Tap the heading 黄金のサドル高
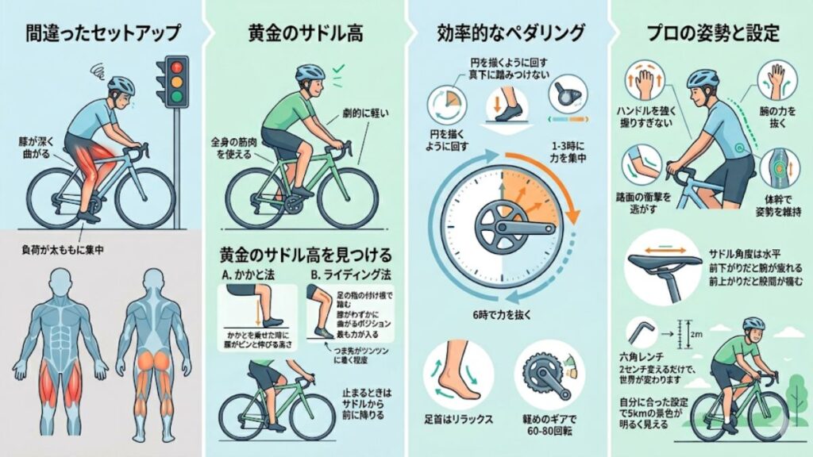pyautogui.click(x=304, y=34)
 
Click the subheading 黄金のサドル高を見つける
pyautogui.click(x=305, y=256)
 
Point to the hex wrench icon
pyautogui.click(x=641, y=332)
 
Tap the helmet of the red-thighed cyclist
pyautogui.click(x=120, y=84)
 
